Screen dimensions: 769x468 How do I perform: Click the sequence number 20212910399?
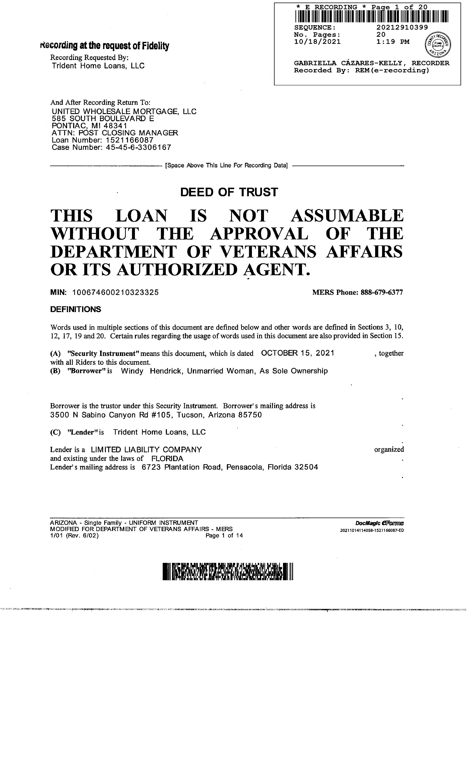tap(402, 27)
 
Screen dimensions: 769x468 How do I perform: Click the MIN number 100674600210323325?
tap(116, 292)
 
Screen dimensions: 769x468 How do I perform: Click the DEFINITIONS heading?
tap(76, 309)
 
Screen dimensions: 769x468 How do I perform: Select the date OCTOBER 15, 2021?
tap(298, 353)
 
